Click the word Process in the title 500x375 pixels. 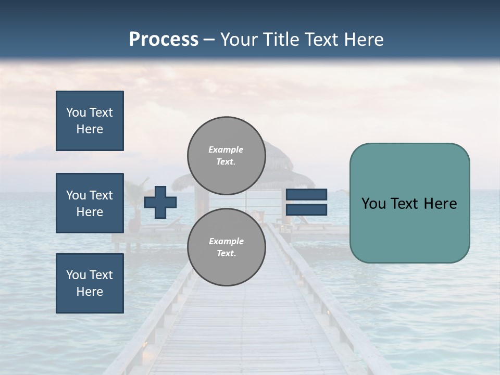(x=164, y=40)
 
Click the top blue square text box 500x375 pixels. (x=90, y=121)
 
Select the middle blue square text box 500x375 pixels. (x=90, y=203)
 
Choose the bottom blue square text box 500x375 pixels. (x=90, y=283)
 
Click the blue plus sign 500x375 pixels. (x=160, y=202)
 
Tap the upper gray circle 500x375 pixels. (x=227, y=155)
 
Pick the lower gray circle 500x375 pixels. (x=227, y=247)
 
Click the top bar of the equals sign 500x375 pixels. (x=306, y=194)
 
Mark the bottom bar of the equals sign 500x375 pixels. (x=306, y=210)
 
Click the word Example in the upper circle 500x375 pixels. (x=226, y=149)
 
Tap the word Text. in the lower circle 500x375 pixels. (x=226, y=253)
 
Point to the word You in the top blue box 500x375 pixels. (x=76, y=113)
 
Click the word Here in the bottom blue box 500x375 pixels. (x=90, y=292)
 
